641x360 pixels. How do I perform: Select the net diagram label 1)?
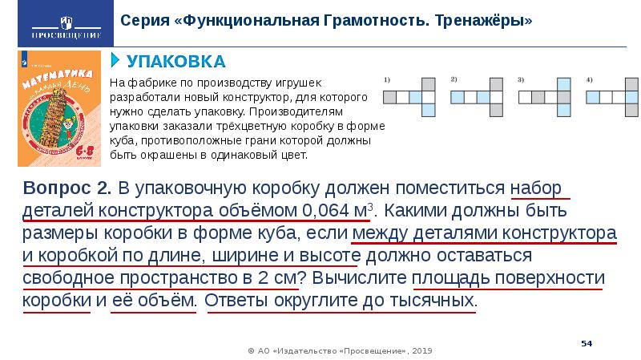[387, 80]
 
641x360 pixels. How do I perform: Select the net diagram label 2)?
[454, 79]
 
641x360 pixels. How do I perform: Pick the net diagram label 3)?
[521, 79]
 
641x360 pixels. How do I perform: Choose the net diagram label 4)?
[589, 79]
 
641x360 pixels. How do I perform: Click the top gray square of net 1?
[429, 83]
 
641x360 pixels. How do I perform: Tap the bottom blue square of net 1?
[429, 110]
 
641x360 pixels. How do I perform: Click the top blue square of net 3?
[564, 83]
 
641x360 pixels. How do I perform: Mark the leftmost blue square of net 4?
[593, 97]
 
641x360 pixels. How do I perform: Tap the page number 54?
[586, 343]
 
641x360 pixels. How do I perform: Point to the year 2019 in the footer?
[425, 350]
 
